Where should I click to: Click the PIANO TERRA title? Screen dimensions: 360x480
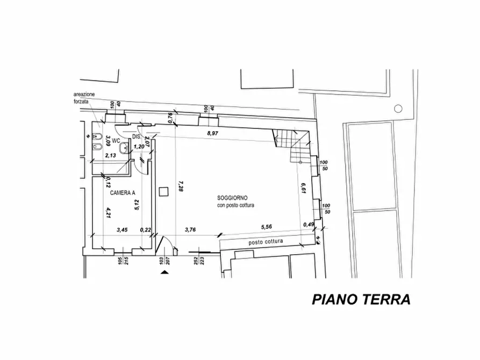(x=361, y=299)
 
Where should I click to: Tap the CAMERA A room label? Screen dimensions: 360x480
(x=123, y=192)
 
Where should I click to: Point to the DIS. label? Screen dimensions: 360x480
(x=136, y=136)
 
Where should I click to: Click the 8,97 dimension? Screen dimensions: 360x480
(x=213, y=133)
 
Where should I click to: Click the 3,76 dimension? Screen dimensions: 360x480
(x=190, y=229)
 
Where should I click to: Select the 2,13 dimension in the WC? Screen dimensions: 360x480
(x=111, y=155)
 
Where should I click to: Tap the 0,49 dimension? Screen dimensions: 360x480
(x=309, y=225)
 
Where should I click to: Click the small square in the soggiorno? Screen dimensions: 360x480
(x=164, y=191)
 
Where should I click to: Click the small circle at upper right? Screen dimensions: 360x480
(x=398, y=109)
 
